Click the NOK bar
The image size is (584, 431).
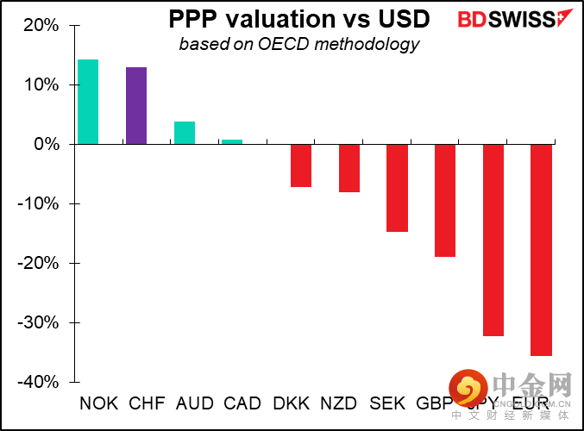[x=88, y=102]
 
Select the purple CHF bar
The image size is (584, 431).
[x=136, y=105]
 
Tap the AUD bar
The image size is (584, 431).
[x=184, y=133]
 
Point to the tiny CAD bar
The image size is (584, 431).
[x=232, y=141]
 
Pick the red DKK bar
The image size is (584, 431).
[x=300, y=166]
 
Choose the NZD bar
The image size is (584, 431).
[x=349, y=168]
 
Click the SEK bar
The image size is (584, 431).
[x=397, y=188]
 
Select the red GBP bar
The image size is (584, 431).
[x=445, y=200]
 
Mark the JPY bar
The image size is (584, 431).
[x=493, y=240]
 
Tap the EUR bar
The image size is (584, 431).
[x=541, y=250]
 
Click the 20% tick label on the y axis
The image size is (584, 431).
[x=41, y=25]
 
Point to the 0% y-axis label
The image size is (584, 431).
[x=46, y=144]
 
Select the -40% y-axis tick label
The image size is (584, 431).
[x=38, y=382]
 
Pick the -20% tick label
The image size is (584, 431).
[x=38, y=263]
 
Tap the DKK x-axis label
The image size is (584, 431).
[x=292, y=403]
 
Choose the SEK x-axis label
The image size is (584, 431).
[x=387, y=403]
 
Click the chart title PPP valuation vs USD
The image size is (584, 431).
[x=292, y=20]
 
